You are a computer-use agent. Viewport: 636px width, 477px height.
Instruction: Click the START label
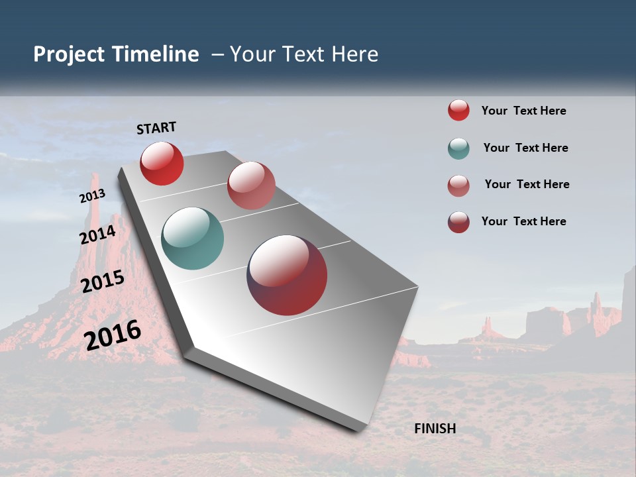pos(156,128)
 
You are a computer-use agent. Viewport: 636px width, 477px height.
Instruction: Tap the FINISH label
pos(435,429)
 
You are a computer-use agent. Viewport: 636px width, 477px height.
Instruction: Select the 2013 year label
pos(92,196)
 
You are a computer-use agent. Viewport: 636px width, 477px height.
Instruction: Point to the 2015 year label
pos(103,282)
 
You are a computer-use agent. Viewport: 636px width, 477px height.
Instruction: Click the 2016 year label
pos(113,335)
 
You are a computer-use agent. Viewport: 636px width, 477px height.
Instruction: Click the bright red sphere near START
pos(162,163)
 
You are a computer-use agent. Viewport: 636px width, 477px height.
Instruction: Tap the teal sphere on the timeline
pos(192,238)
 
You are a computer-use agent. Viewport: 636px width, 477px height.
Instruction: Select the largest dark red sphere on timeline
pos(287,275)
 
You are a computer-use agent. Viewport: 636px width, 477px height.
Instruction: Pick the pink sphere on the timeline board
pos(251,185)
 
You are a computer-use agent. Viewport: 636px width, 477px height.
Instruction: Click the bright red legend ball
pos(458,110)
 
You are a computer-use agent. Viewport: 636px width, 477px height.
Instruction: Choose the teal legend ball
pos(458,148)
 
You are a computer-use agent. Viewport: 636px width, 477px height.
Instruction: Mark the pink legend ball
pos(458,185)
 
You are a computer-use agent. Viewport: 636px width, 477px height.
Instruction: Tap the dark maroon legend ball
pos(458,222)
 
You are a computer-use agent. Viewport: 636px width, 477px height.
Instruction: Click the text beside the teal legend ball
pos(525,148)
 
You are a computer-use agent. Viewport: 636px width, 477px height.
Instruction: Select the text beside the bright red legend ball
pos(523,111)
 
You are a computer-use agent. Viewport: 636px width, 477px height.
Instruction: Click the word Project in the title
pos(70,54)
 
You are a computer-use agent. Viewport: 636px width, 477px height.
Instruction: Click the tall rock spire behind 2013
pos(95,212)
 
